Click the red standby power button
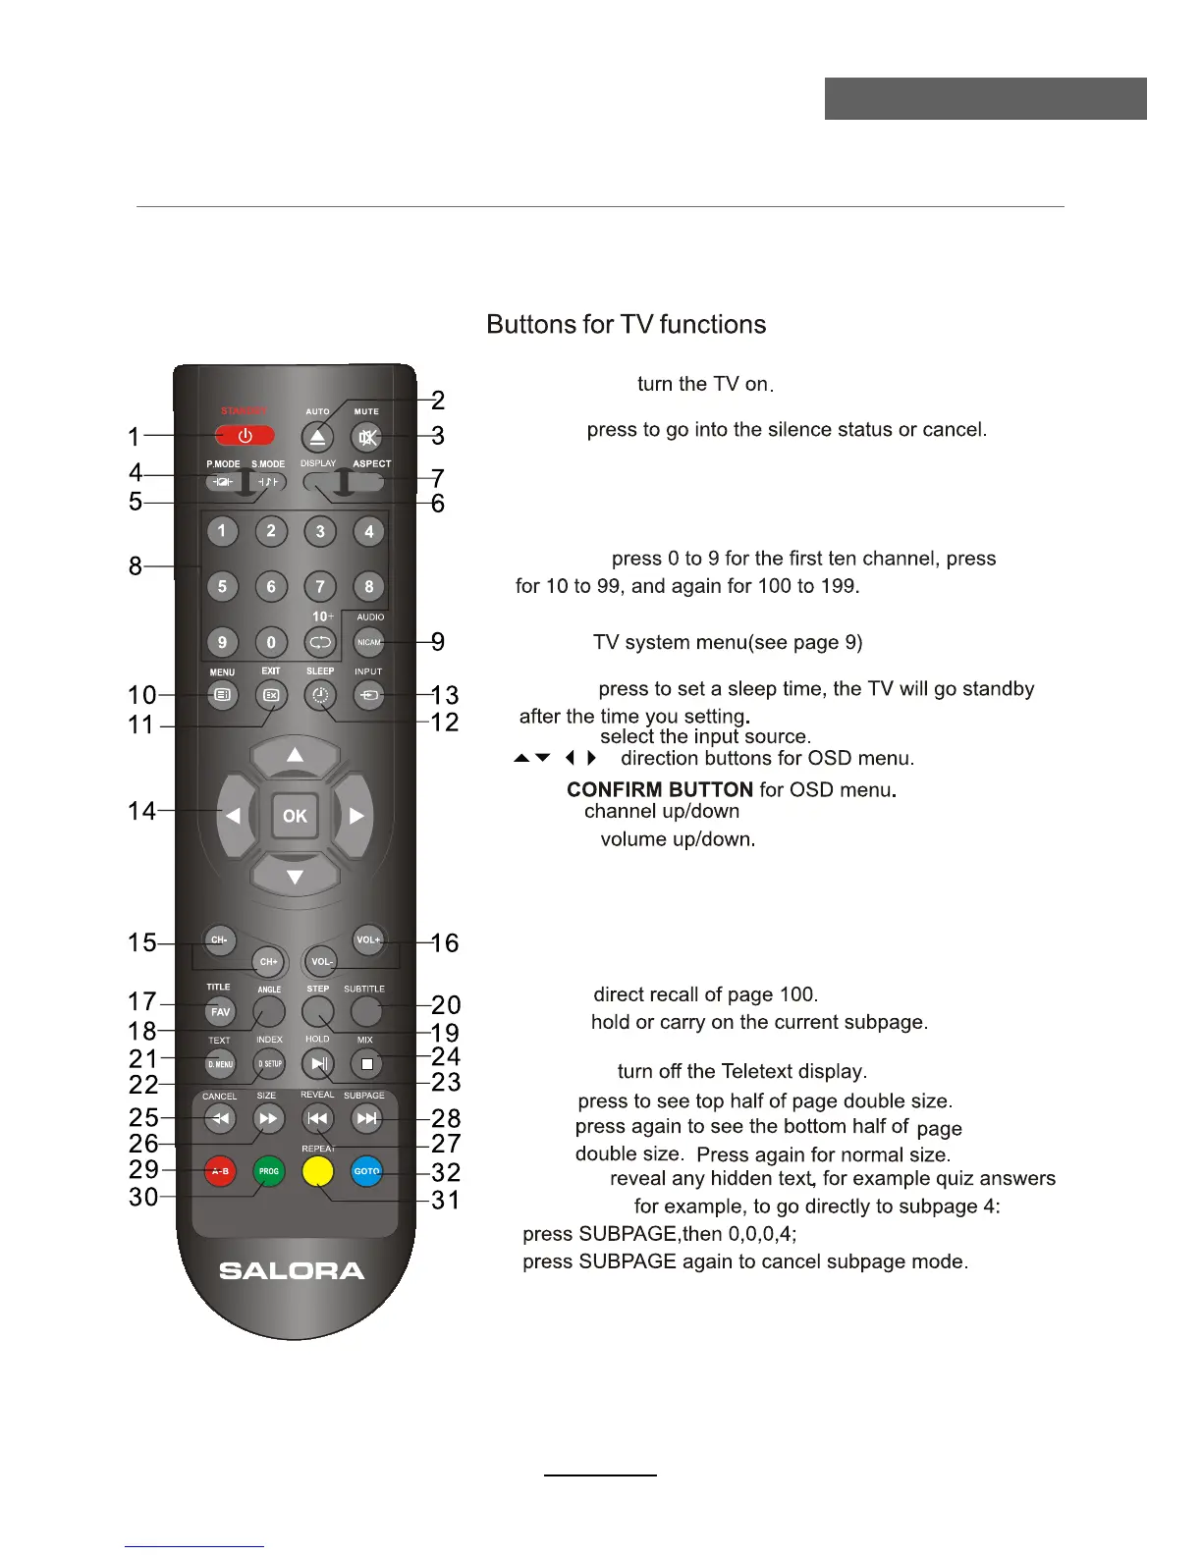click(x=245, y=436)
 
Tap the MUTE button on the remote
click(x=367, y=438)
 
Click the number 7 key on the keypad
click(x=320, y=587)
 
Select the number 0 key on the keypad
click(x=271, y=643)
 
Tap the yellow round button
click(x=318, y=1171)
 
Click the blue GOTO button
click(x=366, y=1171)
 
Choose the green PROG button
click(x=269, y=1171)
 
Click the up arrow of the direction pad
click(x=295, y=756)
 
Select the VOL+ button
click(x=368, y=940)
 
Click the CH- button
click(x=219, y=940)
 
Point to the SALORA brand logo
click(x=292, y=1271)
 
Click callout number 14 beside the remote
click(x=142, y=811)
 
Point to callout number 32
click(x=446, y=1172)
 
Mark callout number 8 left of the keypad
click(x=136, y=566)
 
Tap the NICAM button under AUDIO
click(x=369, y=643)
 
